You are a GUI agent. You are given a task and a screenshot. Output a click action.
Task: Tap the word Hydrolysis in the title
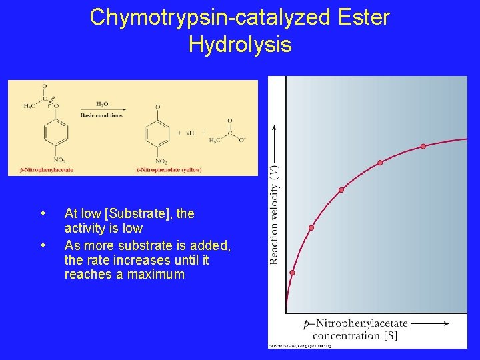pyautogui.click(x=240, y=45)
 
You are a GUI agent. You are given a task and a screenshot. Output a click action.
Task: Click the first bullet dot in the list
pyautogui.click(x=43, y=214)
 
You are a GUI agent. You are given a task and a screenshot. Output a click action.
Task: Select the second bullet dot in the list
pyautogui.click(x=43, y=244)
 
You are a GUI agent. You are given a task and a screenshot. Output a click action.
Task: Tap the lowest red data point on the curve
pyautogui.click(x=292, y=273)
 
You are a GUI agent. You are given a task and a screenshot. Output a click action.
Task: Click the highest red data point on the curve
pyautogui.click(x=423, y=146)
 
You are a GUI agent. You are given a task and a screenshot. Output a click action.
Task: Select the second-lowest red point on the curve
pyautogui.click(x=311, y=228)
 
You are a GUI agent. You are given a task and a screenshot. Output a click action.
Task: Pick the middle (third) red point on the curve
pyautogui.click(x=341, y=190)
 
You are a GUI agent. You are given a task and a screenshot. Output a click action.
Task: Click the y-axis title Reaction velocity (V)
pyautogui.click(x=275, y=213)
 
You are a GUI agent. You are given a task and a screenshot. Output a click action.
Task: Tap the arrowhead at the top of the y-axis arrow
pyautogui.click(x=275, y=127)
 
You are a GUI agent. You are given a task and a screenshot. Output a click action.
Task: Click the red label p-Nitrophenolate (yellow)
pyautogui.click(x=168, y=170)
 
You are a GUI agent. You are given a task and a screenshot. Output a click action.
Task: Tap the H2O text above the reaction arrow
pyautogui.click(x=101, y=104)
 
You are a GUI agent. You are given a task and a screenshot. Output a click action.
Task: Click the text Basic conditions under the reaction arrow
pyautogui.click(x=101, y=115)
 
